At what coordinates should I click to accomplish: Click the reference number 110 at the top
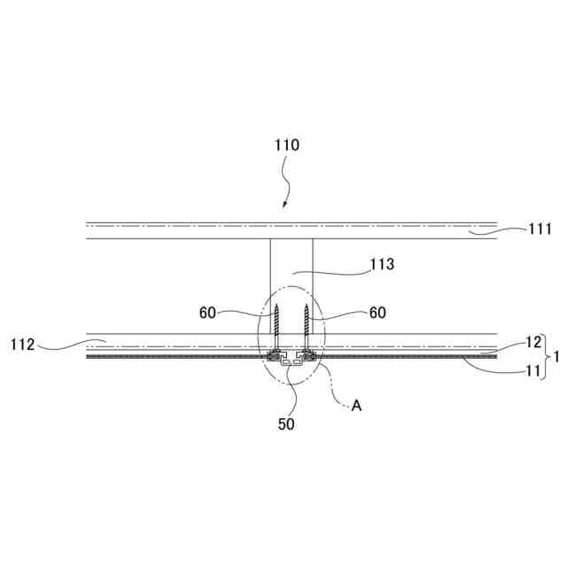(x=286, y=145)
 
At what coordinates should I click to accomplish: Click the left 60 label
(x=208, y=313)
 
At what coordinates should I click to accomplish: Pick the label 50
(x=285, y=423)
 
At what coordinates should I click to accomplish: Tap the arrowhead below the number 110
(x=285, y=206)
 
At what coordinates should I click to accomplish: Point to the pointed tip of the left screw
(x=276, y=306)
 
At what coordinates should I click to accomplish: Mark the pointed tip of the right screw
(x=306, y=306)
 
